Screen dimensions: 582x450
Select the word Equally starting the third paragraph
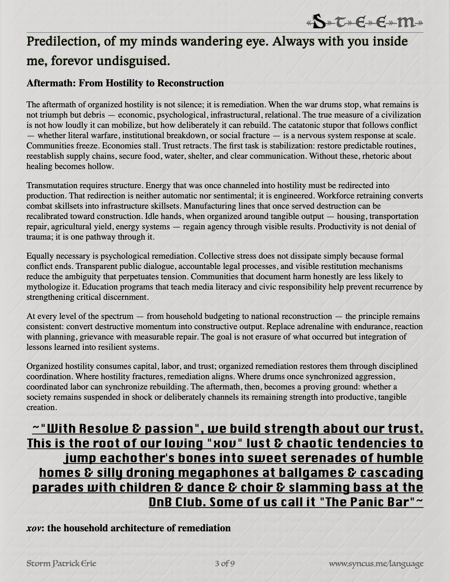(39, 256)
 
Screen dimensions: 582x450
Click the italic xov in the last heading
(34, 528)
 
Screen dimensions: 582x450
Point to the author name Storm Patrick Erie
(62, 563)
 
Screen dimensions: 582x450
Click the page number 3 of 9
(225, 563)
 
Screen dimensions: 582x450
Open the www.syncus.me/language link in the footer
(376, 563)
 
